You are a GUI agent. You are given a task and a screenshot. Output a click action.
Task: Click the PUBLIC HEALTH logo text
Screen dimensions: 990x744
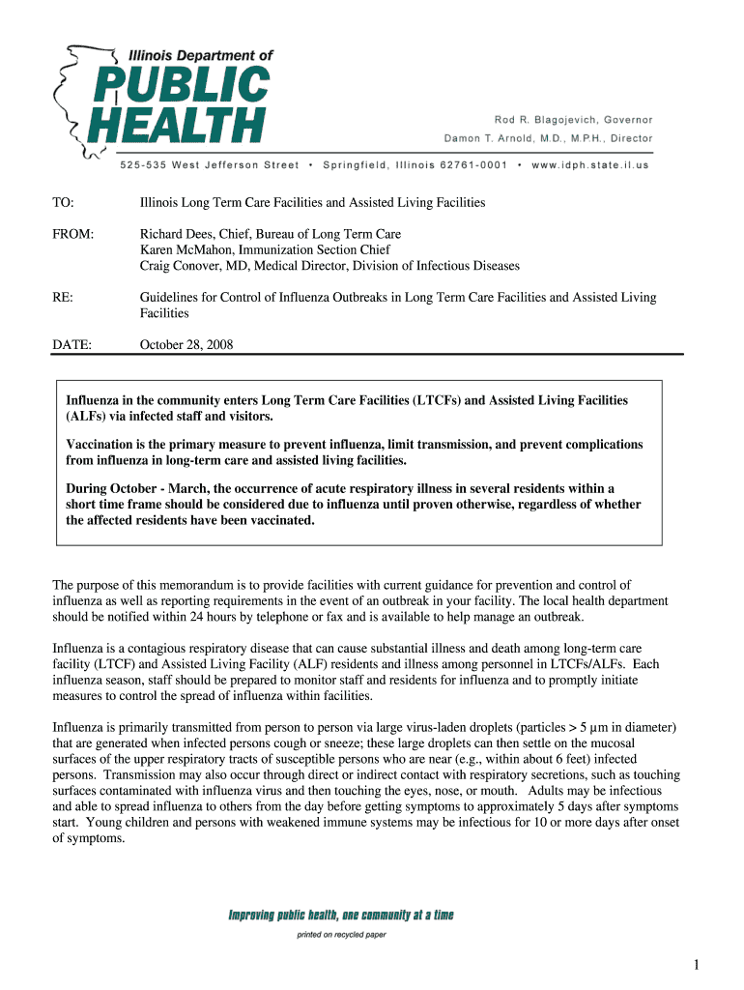point(189,104)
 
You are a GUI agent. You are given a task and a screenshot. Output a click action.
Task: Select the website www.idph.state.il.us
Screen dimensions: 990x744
point(590,164)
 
